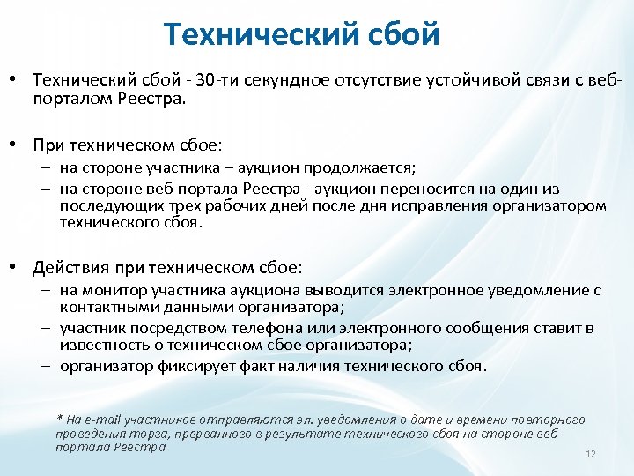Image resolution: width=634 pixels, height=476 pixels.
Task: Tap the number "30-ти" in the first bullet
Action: point(217,81)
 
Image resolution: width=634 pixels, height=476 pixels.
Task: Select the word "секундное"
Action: point(284,81)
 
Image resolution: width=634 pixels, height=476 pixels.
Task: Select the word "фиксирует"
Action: point(190,366)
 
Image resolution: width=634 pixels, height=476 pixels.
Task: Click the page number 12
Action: point(591,454)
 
